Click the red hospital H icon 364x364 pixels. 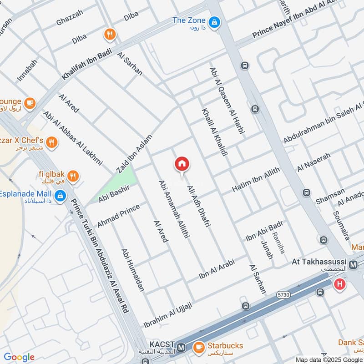coord(339,285)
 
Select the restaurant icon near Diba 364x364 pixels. coord(109,34)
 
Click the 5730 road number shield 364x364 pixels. coord(283,295)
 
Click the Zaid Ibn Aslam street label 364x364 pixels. coord(134,151)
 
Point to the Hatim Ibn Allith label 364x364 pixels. coord(256,180)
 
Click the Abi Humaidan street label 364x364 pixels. coord(132,270)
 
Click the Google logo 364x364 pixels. coord(19,357)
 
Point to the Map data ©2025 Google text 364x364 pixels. coord(329,359)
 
